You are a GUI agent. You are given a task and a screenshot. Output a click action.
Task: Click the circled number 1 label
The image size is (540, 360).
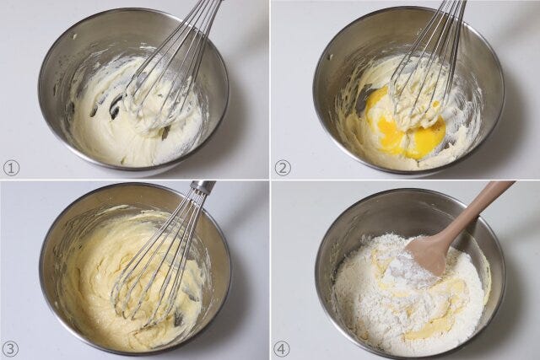click(x=11, y=169)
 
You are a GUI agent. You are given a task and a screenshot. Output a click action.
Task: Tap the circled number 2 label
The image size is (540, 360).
click(x=283, y=169)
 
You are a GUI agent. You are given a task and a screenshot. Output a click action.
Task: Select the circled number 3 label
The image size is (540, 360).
click(x=11, y=349)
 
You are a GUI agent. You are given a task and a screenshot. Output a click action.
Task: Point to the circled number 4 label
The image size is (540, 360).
click(x=282, y=349)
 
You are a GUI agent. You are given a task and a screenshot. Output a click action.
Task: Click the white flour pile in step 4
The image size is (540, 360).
click(x=407, y=296)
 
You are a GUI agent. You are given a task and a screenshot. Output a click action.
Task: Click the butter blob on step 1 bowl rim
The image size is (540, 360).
click(x=74, y=36)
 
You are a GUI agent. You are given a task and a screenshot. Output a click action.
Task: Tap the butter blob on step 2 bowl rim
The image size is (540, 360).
click(x=332, y=56)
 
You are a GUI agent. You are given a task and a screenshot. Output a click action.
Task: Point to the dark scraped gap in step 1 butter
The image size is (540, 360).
click(x=116, y=105)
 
